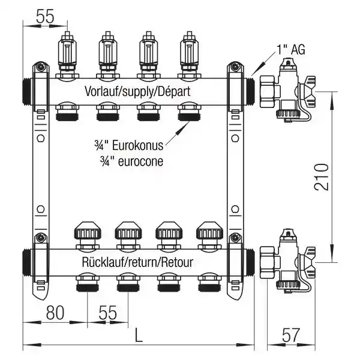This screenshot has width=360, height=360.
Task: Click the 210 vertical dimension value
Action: point(322,177)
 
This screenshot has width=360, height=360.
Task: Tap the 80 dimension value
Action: point(55,313)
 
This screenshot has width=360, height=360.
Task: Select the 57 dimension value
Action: point(291,335)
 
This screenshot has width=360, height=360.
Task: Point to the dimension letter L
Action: point(139,335)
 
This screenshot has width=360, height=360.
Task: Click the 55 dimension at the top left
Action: point(45,16)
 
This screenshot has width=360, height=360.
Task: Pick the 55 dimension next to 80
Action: point(107,313)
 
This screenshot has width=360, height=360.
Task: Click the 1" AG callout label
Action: point(291,50)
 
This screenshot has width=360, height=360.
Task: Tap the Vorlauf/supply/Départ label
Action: point(137,92)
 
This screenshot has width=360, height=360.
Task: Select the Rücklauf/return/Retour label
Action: point(137,262)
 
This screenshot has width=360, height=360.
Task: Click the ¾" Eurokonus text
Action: point(129,146)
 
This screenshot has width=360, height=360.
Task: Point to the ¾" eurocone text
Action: point(131,161)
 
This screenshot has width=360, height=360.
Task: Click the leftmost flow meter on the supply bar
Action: point(67,55)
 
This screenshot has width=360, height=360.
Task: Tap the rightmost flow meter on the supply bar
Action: point(190,55)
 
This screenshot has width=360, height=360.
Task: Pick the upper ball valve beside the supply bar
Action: point(287,91)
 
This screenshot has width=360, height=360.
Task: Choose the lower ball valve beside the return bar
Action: point(287,261)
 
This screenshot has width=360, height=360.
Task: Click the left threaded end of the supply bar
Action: point(28,92)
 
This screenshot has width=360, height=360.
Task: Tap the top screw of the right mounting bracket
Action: point(235,67)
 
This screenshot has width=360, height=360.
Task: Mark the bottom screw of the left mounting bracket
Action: point(41,238)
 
